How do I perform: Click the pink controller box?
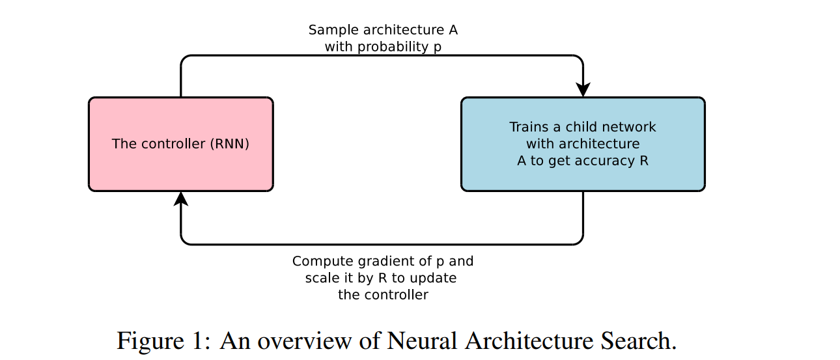181,145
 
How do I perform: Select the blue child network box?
583,145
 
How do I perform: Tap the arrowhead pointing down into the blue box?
583,90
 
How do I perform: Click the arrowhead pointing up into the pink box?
181,199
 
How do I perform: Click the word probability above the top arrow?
393,48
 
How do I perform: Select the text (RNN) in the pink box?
229,144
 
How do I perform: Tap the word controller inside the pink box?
173,144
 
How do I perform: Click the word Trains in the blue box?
529,127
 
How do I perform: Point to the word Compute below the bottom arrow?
322,262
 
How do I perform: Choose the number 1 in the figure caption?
197,340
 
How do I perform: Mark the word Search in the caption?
639,340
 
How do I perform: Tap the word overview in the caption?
305,341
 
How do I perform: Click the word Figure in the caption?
151,341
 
